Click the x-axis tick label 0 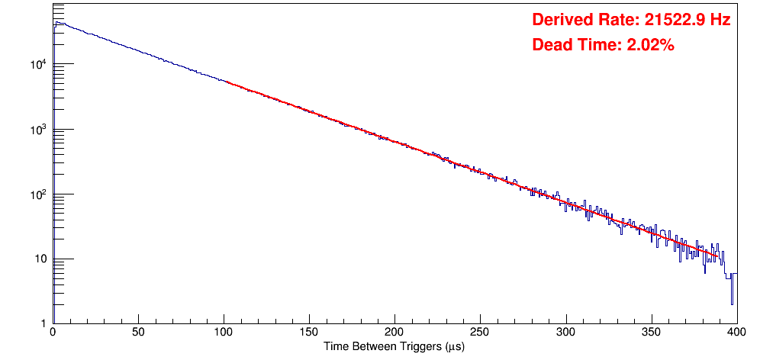click(x=52, y=333)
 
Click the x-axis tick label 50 click(x=138, y=333)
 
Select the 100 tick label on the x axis click(x=224, y=333)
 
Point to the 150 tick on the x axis click(x=309, y=333)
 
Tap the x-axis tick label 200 click(x=394, y=333)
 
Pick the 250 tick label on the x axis click(x=480, y=333)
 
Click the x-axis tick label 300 click(x=565, y=333)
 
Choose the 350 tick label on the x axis click(x=651, y=333)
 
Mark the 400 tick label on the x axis click(x=736, y=333)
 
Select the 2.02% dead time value click(x=650, y=46)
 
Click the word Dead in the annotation click(x=551, y=46)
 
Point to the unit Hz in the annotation click(x=720, y=20)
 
